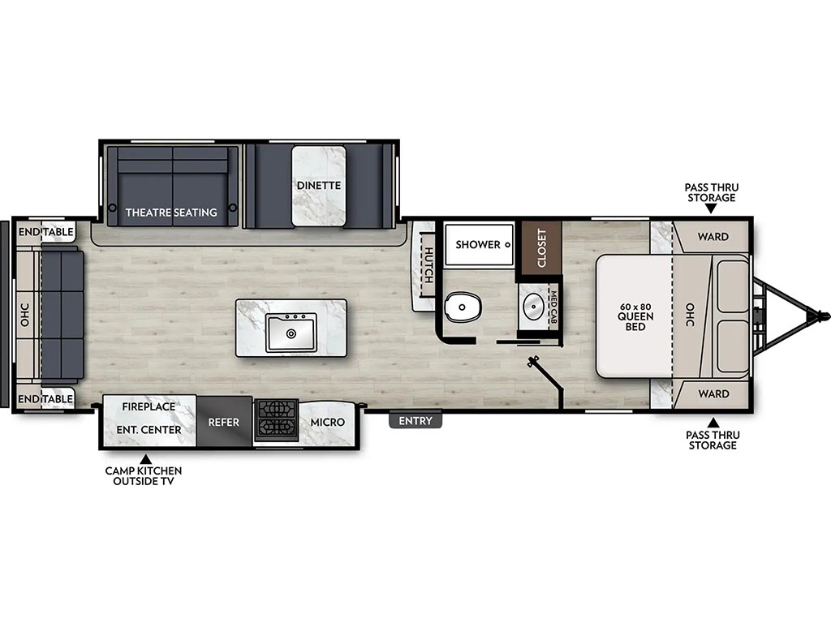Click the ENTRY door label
click(x=415, y=421)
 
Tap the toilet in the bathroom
click(x=463, y=307)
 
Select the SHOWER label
click(x=478, y=245)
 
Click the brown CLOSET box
click(x=541, y=248)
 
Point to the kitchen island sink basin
click(x=291, y=332)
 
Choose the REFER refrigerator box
click(x=224, y=422)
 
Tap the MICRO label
click(x=328, y=422)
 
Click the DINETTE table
click(x=318, y=186)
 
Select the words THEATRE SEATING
click(x=171, y=213)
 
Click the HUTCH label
click(x=428, y=265)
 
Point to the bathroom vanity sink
click(x=533, y=306)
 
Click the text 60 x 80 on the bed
click(x=635, y=307)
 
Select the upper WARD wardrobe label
click(x=713, y=236)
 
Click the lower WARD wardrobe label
click(x=713, y=393)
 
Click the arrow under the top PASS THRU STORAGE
click(x=711, y=208)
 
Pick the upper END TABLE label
click(x=46, y=232)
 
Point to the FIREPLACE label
click(x=149, y=407)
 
